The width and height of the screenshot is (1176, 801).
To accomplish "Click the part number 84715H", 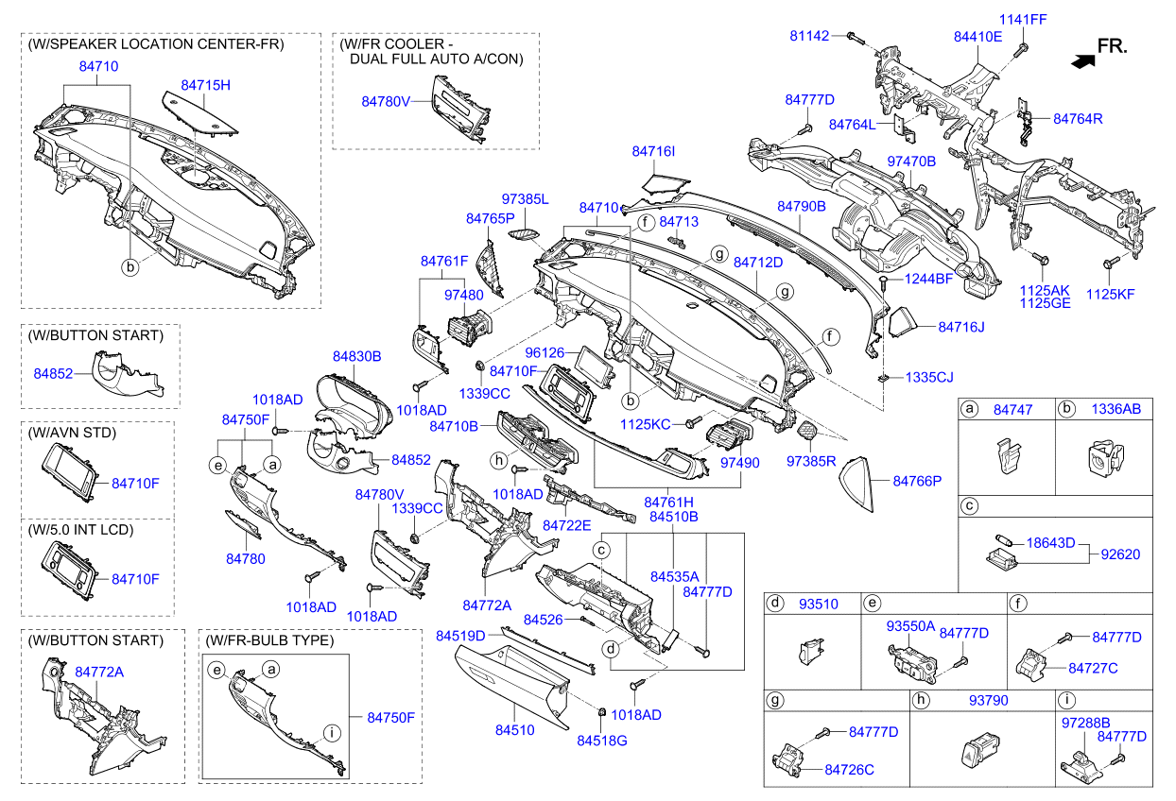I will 206,85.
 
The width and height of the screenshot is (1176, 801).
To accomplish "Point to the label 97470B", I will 911,162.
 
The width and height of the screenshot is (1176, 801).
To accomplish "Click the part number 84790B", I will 802,206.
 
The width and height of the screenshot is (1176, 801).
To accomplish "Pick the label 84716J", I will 961,327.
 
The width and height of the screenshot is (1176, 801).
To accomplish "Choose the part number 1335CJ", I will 929,377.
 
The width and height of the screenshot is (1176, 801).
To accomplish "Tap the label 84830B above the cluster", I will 356,356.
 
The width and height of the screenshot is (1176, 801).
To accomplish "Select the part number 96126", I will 545,352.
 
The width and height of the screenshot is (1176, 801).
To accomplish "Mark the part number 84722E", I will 566,524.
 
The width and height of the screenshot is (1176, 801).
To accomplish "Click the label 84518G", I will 602,741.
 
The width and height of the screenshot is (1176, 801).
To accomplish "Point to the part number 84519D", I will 460,636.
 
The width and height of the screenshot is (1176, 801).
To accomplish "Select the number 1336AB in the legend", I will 1116,410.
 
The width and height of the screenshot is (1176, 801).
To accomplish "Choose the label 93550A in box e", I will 910,626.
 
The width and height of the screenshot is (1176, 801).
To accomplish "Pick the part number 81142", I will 809,36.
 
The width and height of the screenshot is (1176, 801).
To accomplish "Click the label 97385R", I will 812,462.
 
